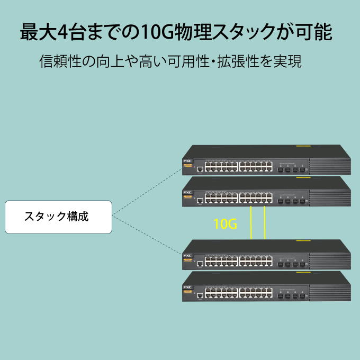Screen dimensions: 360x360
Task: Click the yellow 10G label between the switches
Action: pos(225,224)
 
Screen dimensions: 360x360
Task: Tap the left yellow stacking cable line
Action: pos(251,222)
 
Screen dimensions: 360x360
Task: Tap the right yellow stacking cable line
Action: pos(265,222)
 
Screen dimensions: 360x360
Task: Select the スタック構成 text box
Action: pos(58,217)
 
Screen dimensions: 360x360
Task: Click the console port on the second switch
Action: pos(200,201)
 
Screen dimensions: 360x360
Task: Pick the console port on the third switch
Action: pos(200,263)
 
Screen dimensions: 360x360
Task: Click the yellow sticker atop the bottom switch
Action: pos(303,272)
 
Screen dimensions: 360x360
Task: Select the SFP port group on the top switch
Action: pos(290,169)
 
